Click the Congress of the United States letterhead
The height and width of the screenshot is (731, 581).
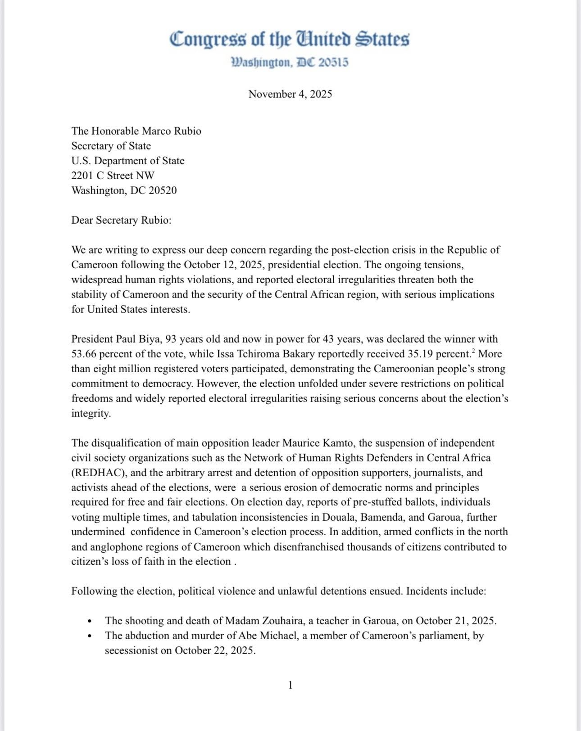tap(290, 39)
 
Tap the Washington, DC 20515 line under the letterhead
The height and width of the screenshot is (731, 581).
tap(290, 62)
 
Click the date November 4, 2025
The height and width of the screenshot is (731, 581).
tap(290, 94)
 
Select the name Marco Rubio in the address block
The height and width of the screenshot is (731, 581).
tap(172, 131)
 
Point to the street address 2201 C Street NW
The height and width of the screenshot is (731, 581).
tap(113, 176)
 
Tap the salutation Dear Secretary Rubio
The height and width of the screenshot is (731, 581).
tap(121, 220)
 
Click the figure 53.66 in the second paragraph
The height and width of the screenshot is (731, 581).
tap(84, 354)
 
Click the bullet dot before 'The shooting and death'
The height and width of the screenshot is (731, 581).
tap(90, 622)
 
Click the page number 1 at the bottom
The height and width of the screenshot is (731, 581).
tap(290, 685)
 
